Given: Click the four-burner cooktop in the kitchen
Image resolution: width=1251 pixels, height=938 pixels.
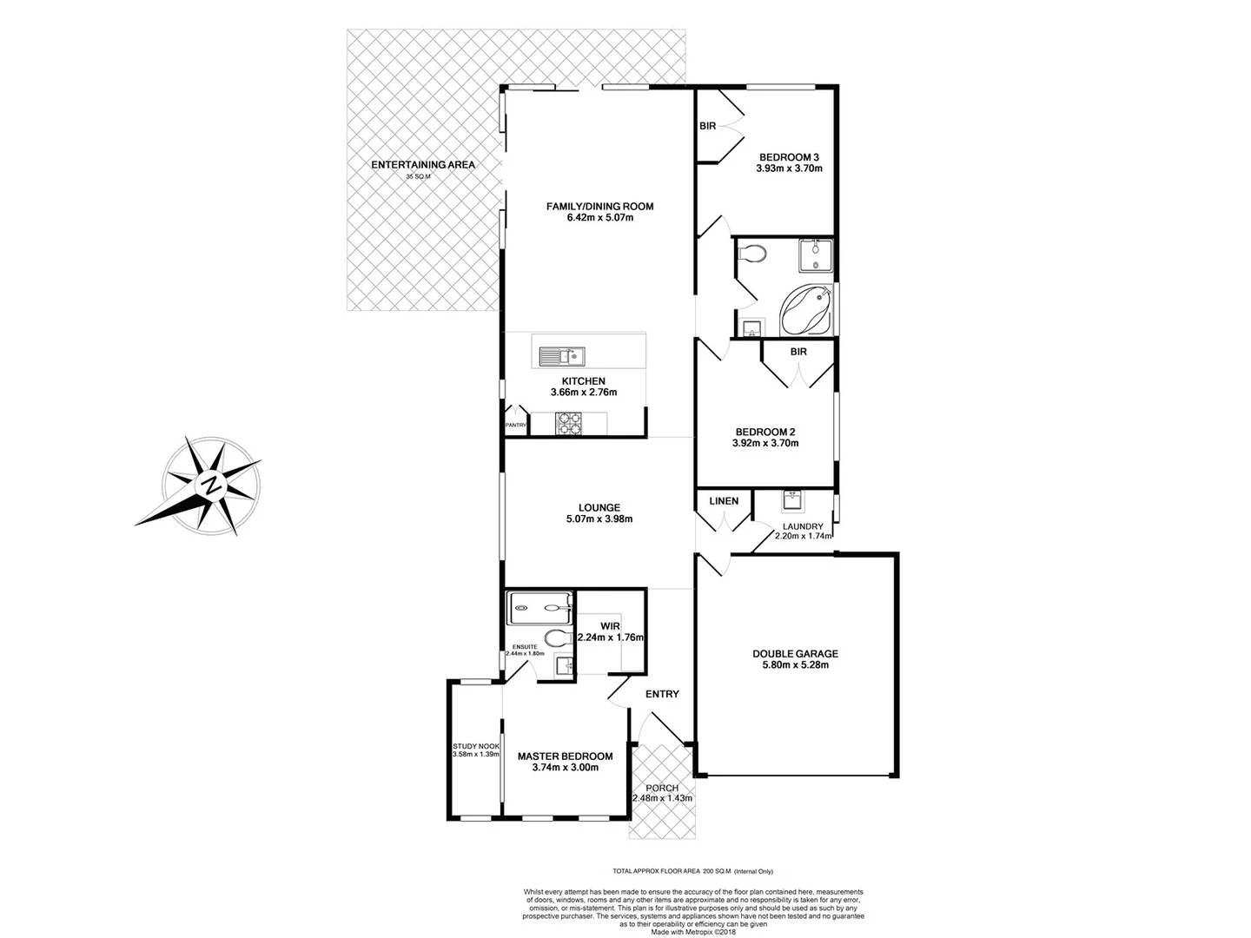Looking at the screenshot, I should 568,423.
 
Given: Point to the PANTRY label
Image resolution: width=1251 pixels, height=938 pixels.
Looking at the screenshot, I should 515,425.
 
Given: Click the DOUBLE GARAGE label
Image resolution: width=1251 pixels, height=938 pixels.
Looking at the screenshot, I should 795,654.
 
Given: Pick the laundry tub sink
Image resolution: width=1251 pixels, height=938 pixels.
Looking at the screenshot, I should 793,500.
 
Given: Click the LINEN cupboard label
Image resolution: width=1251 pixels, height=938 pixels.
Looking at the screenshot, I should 724,501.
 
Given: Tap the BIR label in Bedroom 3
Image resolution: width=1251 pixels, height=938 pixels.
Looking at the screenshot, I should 707,126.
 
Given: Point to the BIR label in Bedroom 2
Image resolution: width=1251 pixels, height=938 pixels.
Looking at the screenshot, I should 798,352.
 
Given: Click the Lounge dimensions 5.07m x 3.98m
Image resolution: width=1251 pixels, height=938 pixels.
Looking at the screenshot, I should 599,519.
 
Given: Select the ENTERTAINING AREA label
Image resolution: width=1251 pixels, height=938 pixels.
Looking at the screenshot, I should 423,164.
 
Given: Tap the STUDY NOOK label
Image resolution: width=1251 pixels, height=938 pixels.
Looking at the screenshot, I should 475,746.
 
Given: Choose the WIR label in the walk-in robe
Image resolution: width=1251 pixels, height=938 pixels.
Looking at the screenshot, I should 610,625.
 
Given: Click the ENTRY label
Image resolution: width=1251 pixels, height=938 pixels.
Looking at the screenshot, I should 662,694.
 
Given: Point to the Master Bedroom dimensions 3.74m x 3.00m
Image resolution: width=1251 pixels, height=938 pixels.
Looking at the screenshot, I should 565,768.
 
